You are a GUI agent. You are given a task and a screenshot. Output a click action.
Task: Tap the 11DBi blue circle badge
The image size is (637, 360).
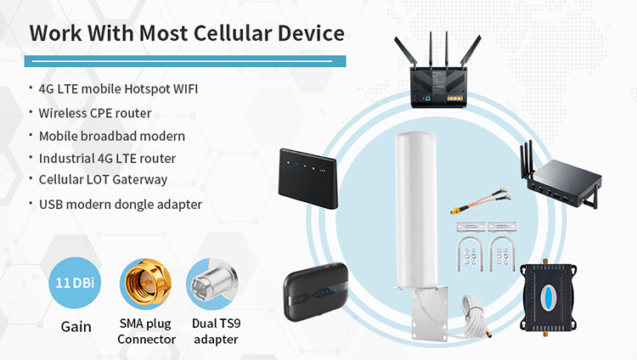click(x=75, y=283)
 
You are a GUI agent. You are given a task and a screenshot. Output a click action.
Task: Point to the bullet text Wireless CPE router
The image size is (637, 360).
click(x=95, y=113)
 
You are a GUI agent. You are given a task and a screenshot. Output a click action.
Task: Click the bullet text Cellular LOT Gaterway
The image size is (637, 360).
click(x=103, y=180)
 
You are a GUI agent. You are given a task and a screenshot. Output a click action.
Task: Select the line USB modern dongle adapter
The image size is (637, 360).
click(x=121, y=205)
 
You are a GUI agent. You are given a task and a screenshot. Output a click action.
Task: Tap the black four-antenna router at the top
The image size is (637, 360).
click(x=437, y=71)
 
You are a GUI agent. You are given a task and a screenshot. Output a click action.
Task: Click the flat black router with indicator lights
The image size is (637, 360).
click(x=307, y=179)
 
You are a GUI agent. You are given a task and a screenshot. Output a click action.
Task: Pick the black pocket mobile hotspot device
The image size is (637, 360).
click(x=316, y=291)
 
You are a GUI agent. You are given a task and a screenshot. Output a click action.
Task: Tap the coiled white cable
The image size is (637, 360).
click(x=474, y=317)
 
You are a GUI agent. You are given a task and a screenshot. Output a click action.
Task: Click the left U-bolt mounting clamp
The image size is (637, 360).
click(x=470, y=254)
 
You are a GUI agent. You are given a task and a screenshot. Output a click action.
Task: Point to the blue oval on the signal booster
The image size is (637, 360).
click(x=548, y=298)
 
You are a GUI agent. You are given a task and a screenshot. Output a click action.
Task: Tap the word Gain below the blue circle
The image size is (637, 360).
click(x=76, y=327)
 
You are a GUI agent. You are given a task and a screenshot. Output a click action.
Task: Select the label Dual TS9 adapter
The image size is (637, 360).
click(x=216, y=331)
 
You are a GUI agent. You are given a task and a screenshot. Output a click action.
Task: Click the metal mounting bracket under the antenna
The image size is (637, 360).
click(x=429, y=312)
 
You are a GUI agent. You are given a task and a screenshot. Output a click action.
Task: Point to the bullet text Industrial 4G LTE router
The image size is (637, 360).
click(x=107, y=159)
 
